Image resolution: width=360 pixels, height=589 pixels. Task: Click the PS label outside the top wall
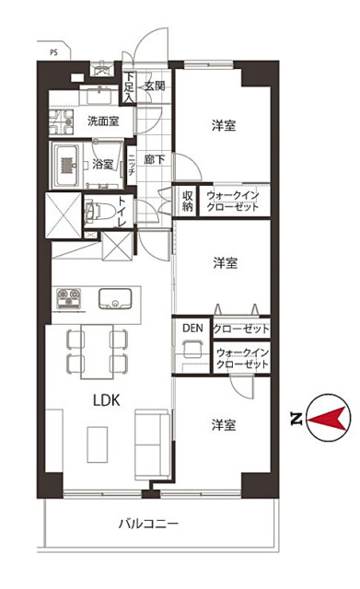(53, 52)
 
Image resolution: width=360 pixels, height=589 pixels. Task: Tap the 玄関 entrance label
(155, 86)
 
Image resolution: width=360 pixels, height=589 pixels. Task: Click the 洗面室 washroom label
(103, 121)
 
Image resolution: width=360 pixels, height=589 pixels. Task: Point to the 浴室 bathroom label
(102, 164)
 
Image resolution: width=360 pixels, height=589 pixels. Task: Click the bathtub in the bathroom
(67, 166)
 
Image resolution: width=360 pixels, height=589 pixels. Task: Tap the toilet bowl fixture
(99, 212)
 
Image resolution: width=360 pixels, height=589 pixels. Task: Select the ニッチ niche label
(131, 166)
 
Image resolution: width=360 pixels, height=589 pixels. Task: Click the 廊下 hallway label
(155, 159)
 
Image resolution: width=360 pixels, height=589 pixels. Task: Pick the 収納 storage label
(188, 201)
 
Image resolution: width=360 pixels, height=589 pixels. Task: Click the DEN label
(192, 328)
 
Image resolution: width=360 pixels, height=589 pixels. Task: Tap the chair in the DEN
(192, 348)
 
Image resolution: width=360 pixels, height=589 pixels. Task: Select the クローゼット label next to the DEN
(241, 329)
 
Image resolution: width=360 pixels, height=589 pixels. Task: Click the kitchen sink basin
(115, 298)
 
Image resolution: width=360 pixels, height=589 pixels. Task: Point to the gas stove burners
(68, 298)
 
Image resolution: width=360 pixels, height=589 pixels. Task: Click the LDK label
(107, 400)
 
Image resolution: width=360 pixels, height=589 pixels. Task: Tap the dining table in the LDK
(97, 352)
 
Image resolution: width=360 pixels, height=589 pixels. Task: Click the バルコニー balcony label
(148, 524)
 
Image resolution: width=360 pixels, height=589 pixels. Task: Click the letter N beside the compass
(296, 419)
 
